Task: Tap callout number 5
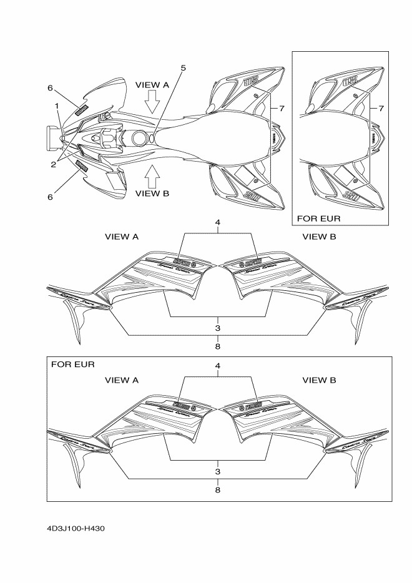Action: click(x=183, y=68)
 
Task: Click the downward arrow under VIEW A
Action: click(x=152, y=100)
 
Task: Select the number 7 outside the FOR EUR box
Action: click(x=282, y=108)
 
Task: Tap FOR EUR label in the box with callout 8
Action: click(x=71, y=363)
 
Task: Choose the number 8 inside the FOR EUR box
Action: click(x=218, y=490)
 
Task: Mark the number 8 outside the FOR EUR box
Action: click(x=218, y=346)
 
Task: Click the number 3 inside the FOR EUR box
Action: click(x=218, y=471)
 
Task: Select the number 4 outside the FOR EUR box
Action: click(x=218, y=222)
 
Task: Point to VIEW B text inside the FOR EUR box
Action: click(x=319, y=380)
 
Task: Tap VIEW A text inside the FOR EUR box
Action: click(x=122, y=380)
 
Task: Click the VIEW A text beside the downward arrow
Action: click(x=152, y=84)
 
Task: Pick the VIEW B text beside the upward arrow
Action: click(x=152, y=193)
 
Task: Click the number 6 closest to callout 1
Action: click(x=50, y=88)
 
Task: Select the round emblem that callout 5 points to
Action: click(x=150, y=136)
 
